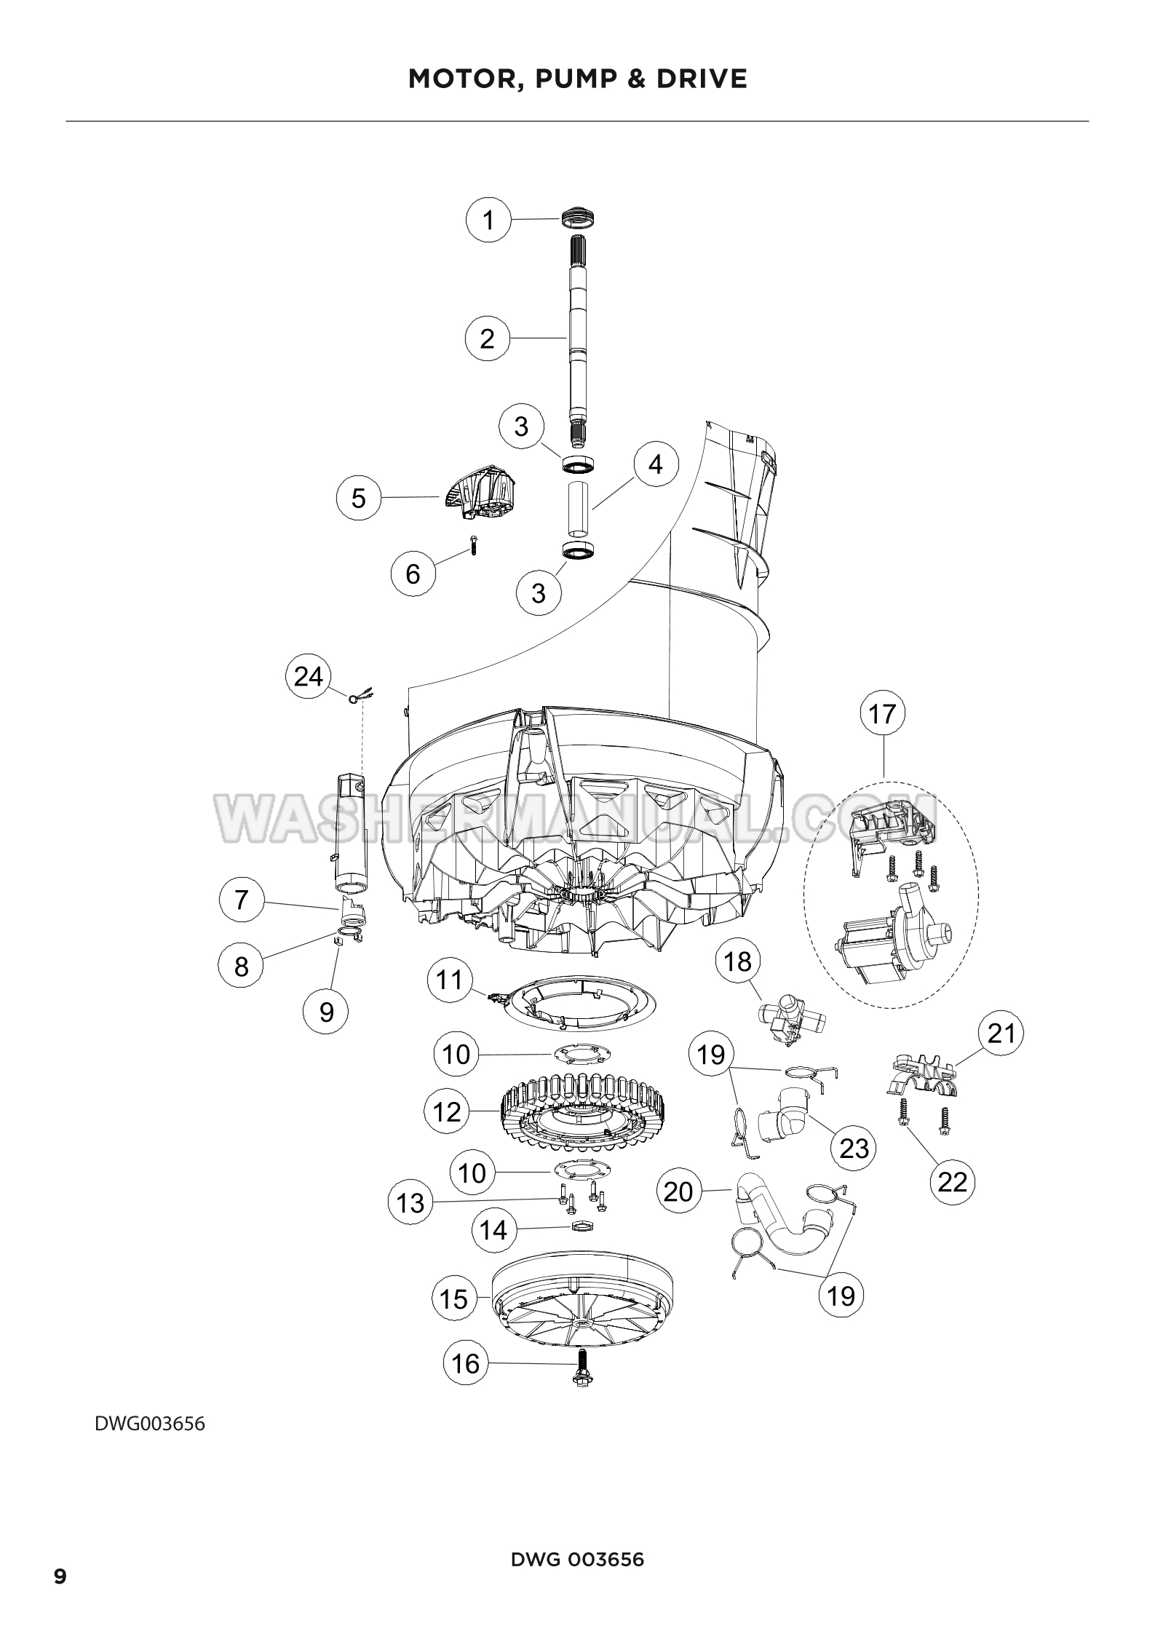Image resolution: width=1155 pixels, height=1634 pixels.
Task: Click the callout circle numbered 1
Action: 488,220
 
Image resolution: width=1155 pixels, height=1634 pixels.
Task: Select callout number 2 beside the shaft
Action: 487,338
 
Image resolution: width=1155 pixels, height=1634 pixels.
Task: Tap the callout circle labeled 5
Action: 359,499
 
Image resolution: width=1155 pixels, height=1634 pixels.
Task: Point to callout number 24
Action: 308,677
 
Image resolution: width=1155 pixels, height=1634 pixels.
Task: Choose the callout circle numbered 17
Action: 882,714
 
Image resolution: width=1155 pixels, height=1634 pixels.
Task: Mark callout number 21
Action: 1001,1033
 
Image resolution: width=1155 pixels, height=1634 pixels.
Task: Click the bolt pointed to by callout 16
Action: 582,1368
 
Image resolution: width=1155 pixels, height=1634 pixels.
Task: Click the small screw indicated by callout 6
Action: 473,544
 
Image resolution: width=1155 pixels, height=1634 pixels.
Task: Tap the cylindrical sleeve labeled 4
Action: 580,509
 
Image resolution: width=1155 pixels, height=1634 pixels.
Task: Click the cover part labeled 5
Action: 479,493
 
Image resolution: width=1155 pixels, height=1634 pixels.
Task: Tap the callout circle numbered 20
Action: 679,1191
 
